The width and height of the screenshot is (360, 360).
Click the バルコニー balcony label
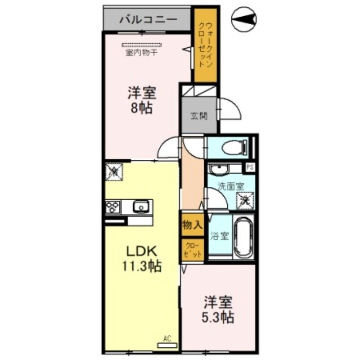coord(148,20)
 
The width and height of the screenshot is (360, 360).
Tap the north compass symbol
coord(244,19)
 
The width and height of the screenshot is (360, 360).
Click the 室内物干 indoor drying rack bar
coord(142,45)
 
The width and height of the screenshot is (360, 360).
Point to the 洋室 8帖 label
coord(141,100)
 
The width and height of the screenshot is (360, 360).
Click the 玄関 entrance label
coord(198,116)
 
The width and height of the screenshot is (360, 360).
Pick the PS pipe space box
coord(250,168)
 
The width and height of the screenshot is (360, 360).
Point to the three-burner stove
coord(113,207)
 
